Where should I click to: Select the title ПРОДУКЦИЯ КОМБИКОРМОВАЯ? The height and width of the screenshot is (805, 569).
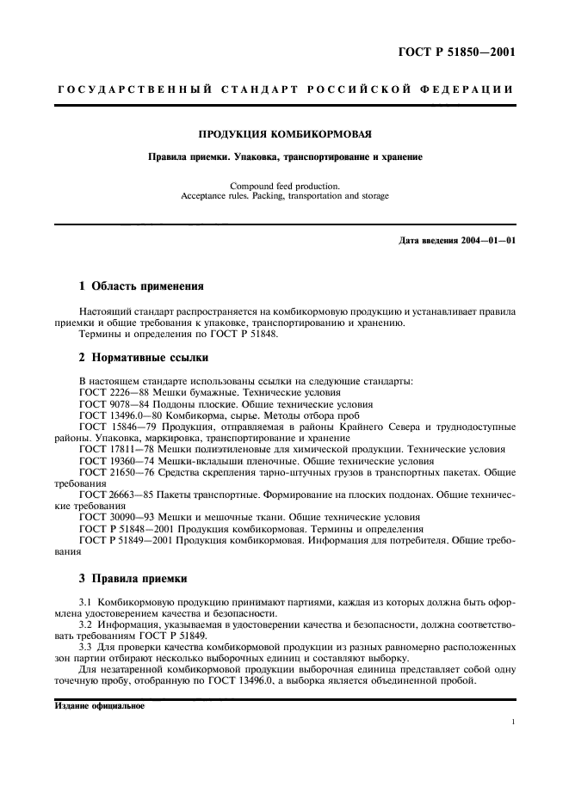coord(284,134)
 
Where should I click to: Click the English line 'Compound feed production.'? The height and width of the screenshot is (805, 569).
coord(284,185)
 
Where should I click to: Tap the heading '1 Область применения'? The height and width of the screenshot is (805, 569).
coord(141,286)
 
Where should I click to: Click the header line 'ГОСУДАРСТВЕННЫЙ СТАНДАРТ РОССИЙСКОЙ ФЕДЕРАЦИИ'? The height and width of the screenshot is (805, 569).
coord(284,89)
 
